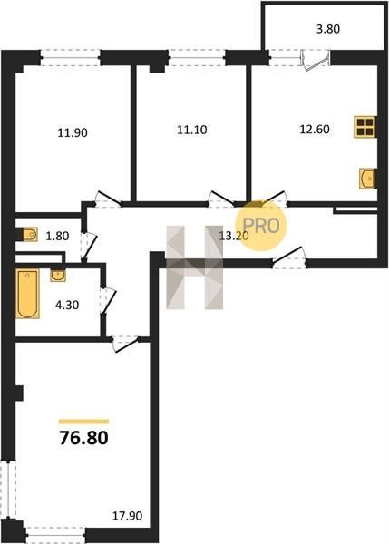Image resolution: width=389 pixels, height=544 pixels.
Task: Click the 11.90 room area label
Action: tap(73, 132)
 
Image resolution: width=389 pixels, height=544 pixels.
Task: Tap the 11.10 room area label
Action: tap(192, 130)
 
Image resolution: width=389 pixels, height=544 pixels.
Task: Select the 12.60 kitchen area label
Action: tap(315, 129)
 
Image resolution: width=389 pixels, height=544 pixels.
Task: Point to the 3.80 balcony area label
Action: tap(328, 29)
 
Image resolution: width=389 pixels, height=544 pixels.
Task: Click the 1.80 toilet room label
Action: tap(58, 236)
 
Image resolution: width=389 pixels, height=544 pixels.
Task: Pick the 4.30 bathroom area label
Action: tap(67, 305)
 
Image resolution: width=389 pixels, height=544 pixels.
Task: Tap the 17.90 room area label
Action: tap(127, 516)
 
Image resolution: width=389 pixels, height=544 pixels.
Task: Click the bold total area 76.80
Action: tap(84, 438)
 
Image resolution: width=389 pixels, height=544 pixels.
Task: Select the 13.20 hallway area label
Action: tap(234, 236)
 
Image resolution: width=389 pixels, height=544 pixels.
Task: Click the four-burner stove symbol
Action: tap(365, 127)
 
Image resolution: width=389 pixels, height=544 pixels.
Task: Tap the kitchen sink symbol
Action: tap(368, 179)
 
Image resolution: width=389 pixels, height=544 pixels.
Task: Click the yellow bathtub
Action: tap(27, 294)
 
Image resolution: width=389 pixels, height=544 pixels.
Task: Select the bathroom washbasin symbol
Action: tap(58, 276)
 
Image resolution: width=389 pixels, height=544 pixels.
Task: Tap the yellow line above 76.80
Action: tap(83, 422)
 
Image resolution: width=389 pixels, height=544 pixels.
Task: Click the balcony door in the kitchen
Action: tap(315, 60)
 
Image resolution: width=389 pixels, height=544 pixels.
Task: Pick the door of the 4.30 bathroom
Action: tap(108, 300)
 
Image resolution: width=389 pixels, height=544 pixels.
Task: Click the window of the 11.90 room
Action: tap(71, 58)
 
